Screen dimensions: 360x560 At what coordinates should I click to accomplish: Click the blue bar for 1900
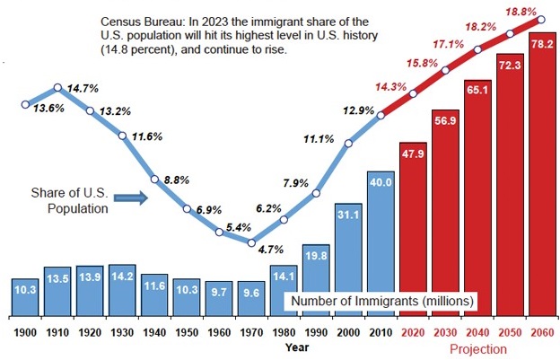click(x=25, y=297)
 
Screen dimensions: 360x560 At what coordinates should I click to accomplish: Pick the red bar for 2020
click(x=413, y=230)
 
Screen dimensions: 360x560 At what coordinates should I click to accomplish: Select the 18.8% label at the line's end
click(x=523, y=10)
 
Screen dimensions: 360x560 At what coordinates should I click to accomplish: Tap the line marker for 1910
click(x=57, y=88)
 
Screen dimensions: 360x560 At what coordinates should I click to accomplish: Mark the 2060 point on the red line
click(x=541, y=19)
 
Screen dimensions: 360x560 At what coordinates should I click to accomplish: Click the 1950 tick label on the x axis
click(x=187, y=332)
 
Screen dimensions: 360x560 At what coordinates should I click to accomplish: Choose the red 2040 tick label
click(x=477, y=332)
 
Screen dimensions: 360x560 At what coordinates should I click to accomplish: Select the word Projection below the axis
click(x=477, y=348)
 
